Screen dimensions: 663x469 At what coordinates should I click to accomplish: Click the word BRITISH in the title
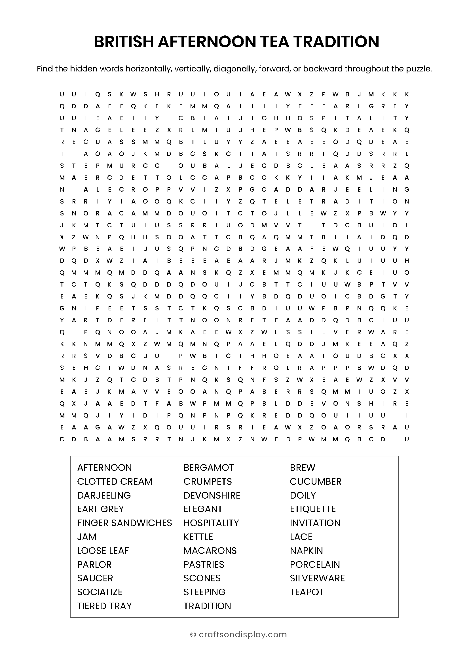pyautogui.click(x=124, y=42)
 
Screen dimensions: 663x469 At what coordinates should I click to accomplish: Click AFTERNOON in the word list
pyautogui.click(x=105, y=467)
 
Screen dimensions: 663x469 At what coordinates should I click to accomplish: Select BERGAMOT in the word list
pyautogui.click(x=208, y=467)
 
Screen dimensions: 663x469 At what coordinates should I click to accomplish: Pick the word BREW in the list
pyautogui.click(x=302, y=467)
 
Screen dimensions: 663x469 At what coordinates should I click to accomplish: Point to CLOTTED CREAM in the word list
pyautogui.click(x=115, y=481)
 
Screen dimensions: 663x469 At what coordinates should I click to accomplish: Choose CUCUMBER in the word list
pyautogui.click(x=315, y=481)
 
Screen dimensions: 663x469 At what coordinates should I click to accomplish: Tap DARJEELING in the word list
pyautogui.click(x=104, y=495)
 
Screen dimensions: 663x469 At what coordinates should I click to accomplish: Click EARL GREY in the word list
pyautogui.click(x=100, y=509)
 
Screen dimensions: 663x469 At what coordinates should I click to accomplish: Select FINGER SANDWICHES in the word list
pyautogui.click(x=124, y=523)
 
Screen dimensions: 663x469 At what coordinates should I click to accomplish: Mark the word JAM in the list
pyautogui.click(x=87, y=537)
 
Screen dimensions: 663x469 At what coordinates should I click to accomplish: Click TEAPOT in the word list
pyautogui.click(x=307, y=592)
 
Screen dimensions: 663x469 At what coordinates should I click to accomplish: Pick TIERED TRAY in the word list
pyautogui.click(x=105, y=606)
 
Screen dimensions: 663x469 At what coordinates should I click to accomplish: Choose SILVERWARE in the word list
pyautogui.click(x=317, y=578)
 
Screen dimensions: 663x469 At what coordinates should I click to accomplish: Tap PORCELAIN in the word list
pyautogui.click(x=315, y=564)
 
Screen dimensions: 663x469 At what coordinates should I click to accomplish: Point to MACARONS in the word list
pyautogui.click(x=210, y=550)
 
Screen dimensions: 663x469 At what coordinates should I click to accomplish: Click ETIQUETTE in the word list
pyautogui.click(x=313, y=509)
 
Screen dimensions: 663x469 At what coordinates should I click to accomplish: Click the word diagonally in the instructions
pyautogui.click(x=235, y=69)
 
